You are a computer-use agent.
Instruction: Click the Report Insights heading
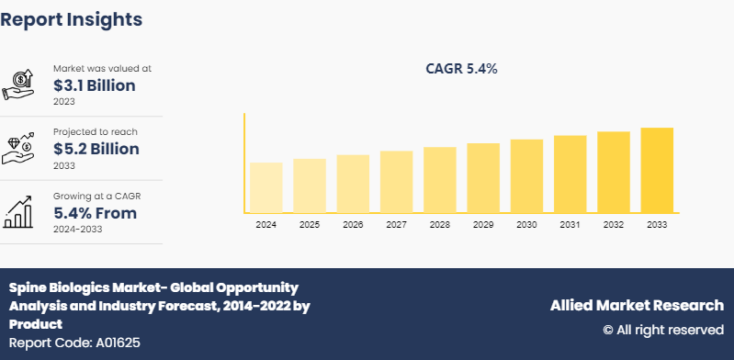72,18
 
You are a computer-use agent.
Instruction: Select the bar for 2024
265,187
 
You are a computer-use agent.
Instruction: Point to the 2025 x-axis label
310,224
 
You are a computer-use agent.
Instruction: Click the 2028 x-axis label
439,224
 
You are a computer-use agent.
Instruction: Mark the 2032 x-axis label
613,224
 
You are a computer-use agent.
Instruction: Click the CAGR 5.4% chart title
461,69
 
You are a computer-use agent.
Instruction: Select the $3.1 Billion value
95,85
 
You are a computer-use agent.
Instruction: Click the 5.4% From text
95,213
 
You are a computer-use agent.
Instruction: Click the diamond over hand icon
19,148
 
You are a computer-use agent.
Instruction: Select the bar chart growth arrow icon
19,212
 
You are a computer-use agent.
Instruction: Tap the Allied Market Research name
637,305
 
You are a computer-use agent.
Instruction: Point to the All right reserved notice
662,329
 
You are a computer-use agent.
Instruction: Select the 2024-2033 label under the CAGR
78,229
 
